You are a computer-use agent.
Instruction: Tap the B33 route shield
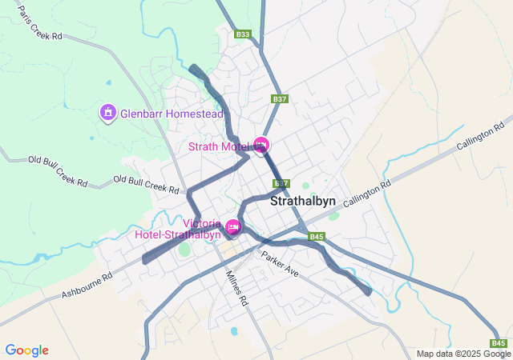click(244, 34)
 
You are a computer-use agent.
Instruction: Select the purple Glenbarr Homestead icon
click(108, 114)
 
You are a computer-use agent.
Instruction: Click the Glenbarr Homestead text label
click(172, 114)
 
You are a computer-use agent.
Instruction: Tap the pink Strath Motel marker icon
click(261, 145)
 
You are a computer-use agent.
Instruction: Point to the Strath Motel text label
click(220, 146)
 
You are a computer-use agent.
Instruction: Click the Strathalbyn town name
click(303, 202)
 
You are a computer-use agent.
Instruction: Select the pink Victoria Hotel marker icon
click(233, 227)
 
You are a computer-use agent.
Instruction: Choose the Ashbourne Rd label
click(87, 286)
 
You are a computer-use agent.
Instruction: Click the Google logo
click(26, 350)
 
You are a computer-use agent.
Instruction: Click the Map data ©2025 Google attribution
click(463, 354)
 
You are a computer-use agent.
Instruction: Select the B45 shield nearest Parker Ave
click(316, 237)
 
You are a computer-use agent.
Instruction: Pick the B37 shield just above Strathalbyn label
click(281, 183)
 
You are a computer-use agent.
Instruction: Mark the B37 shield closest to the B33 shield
click(279, 98)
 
